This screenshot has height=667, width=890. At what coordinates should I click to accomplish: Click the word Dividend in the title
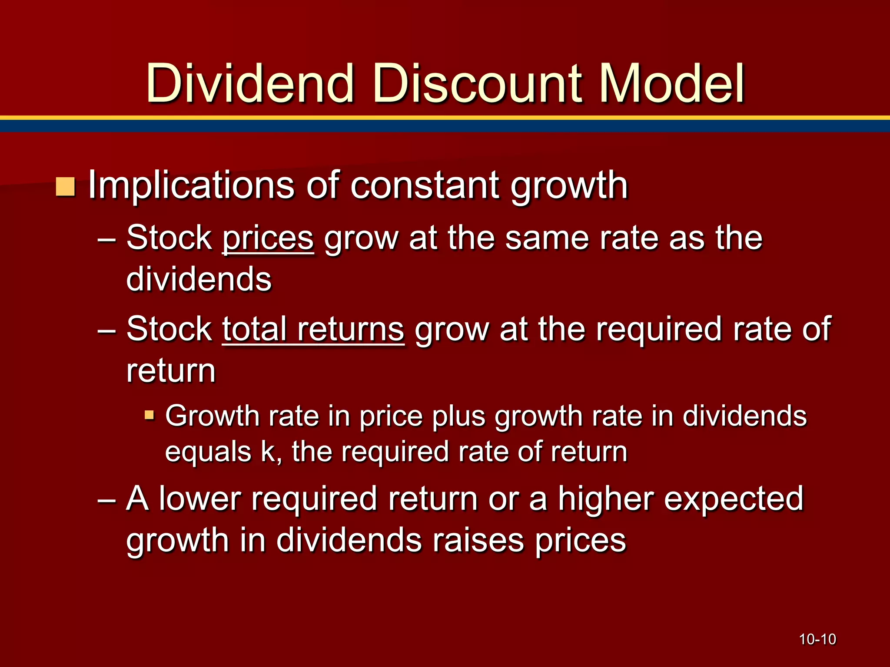click(x=250, y=83)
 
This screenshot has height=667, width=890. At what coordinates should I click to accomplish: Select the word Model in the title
click(x=672, y=83)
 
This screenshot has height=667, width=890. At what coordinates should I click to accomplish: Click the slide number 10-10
click(x=817, y=639)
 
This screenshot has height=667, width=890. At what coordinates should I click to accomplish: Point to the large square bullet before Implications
click(x=66, y=187)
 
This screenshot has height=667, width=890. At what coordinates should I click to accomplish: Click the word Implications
click(x=191, y=186)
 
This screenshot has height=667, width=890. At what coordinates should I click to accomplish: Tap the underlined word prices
click(x=268, y=239)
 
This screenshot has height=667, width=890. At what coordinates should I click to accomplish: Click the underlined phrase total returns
click(x=313, y=330)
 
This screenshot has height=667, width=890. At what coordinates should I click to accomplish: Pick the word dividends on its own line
click(x=199, y=279)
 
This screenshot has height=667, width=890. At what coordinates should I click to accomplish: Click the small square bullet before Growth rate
click(x=149, y=415)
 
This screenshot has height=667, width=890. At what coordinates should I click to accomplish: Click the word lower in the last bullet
click(x=199, y=499)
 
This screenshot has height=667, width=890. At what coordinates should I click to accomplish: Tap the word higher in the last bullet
click(x=606, y=499)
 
